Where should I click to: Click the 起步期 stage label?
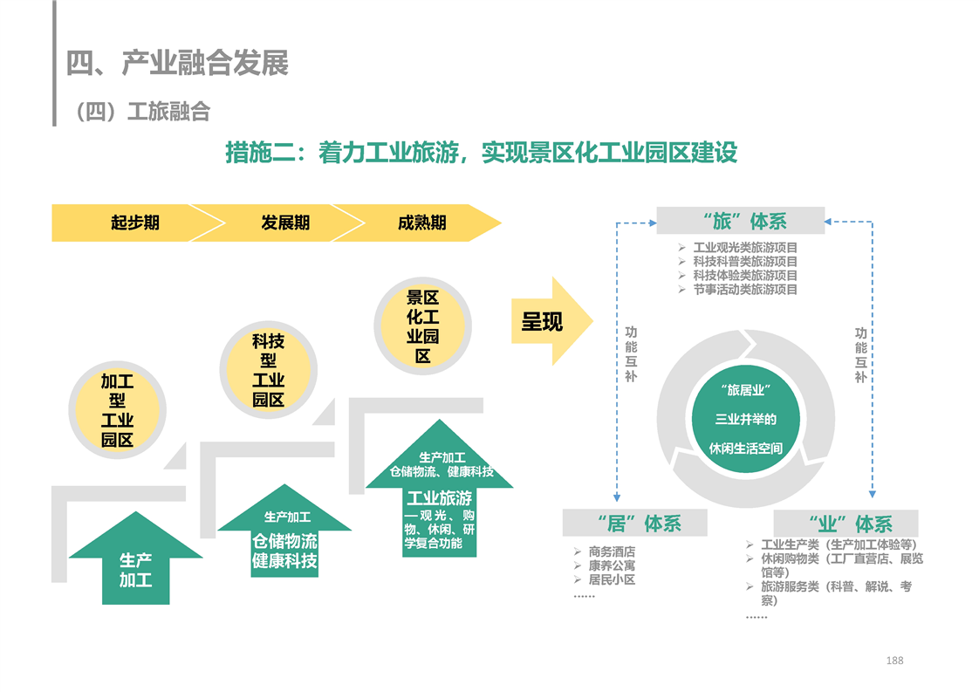pos(135,223)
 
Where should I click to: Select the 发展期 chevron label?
pos(285,223)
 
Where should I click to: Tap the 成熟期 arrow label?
pos(422,223)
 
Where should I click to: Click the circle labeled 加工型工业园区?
pos(118,410)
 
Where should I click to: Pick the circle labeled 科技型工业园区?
pos(269,370)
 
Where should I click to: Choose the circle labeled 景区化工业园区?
pos(422,326)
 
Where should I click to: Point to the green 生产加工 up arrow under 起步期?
pos(135,558)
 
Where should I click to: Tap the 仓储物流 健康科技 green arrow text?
pos(284,551)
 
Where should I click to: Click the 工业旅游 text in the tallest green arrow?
pos(440,497)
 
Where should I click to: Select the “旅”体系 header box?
pos(741,221)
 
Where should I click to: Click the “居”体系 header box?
pos(635,523)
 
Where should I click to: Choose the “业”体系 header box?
pos(846,524)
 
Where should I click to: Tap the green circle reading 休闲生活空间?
pos(746,419)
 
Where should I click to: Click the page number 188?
pos(894,661)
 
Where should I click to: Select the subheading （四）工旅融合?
pos(142,112)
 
